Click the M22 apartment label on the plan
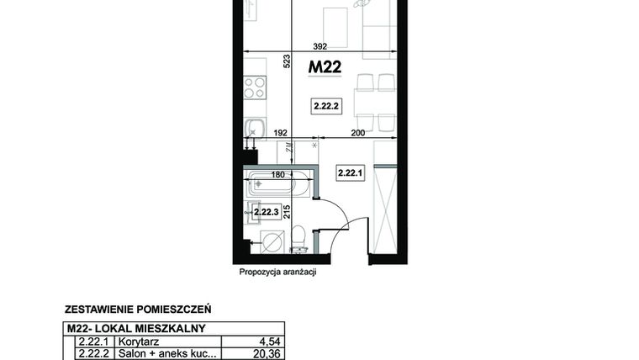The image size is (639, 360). click(325, 67)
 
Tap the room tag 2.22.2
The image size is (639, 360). click(325, 106)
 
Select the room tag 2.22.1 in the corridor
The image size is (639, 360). click(349, 173)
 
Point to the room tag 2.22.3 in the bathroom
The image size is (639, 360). click(267, 213)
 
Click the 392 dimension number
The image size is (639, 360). click(319, 47)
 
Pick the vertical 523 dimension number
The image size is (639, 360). click(286, 61)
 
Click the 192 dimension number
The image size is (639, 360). click(281, 132)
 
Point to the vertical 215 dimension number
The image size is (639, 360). click(287, 211)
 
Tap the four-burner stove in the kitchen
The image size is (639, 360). click(255, 87)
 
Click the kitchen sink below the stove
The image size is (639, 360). click(254, 128)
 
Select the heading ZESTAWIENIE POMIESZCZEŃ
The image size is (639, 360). click(137, 310)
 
